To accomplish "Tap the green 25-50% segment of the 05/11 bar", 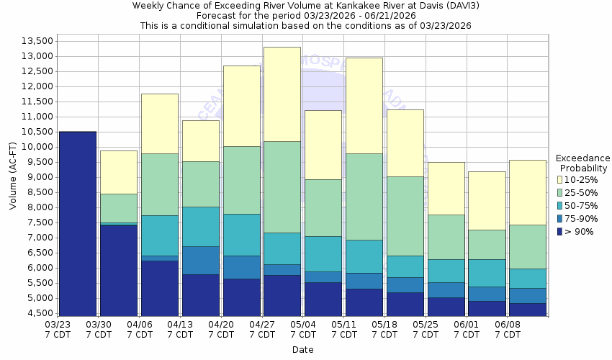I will (364, 197).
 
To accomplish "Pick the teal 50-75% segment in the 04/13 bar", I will (200, 226).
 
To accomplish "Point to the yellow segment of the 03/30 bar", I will (118, 172).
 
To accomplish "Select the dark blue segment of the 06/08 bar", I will (528, 310).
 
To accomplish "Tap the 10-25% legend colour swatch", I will (560, 179).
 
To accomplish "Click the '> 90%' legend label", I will (580, 231).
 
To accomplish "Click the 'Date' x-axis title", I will (302, 350).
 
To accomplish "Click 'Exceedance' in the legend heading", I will (582, 158).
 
